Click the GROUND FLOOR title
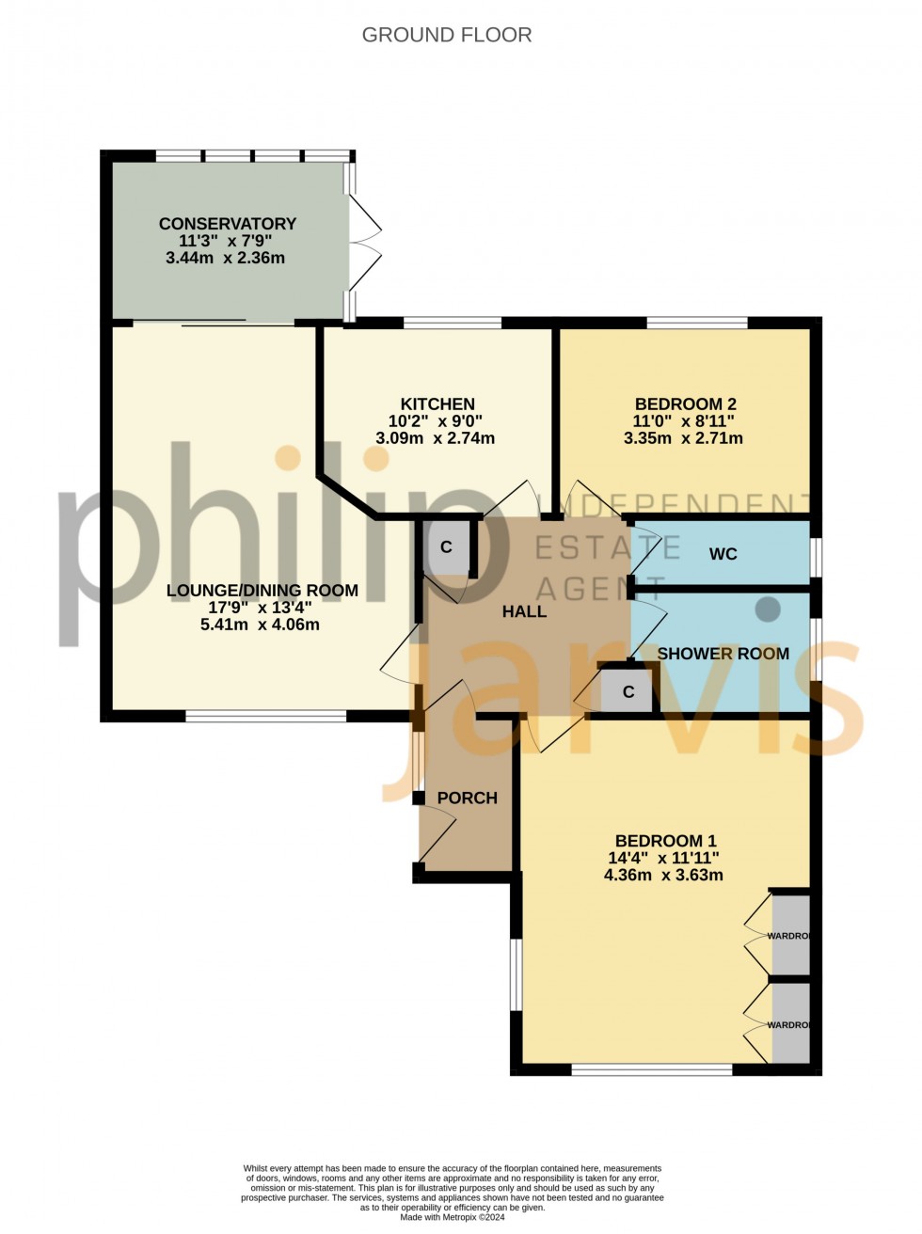click(x=447, y=35)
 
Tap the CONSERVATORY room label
click(x=227, y=224)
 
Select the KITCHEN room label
click(x=437, y=404)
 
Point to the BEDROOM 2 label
click(x=685, y=404)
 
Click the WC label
click(x=723, y=554)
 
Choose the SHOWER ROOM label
click(x=723, y=654)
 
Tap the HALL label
click(x=524, y=611)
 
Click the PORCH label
click(x=468, y=798)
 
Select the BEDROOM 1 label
click(x=659, y=841)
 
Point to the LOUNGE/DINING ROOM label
click(x=262, y=591)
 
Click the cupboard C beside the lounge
click(x=447, y=547)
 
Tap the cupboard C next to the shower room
click(x=628, y=692)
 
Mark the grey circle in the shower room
click(x=769, y=609)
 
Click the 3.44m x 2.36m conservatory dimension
click(x=225, y=258)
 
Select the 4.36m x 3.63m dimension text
click(x=663, y=875)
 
